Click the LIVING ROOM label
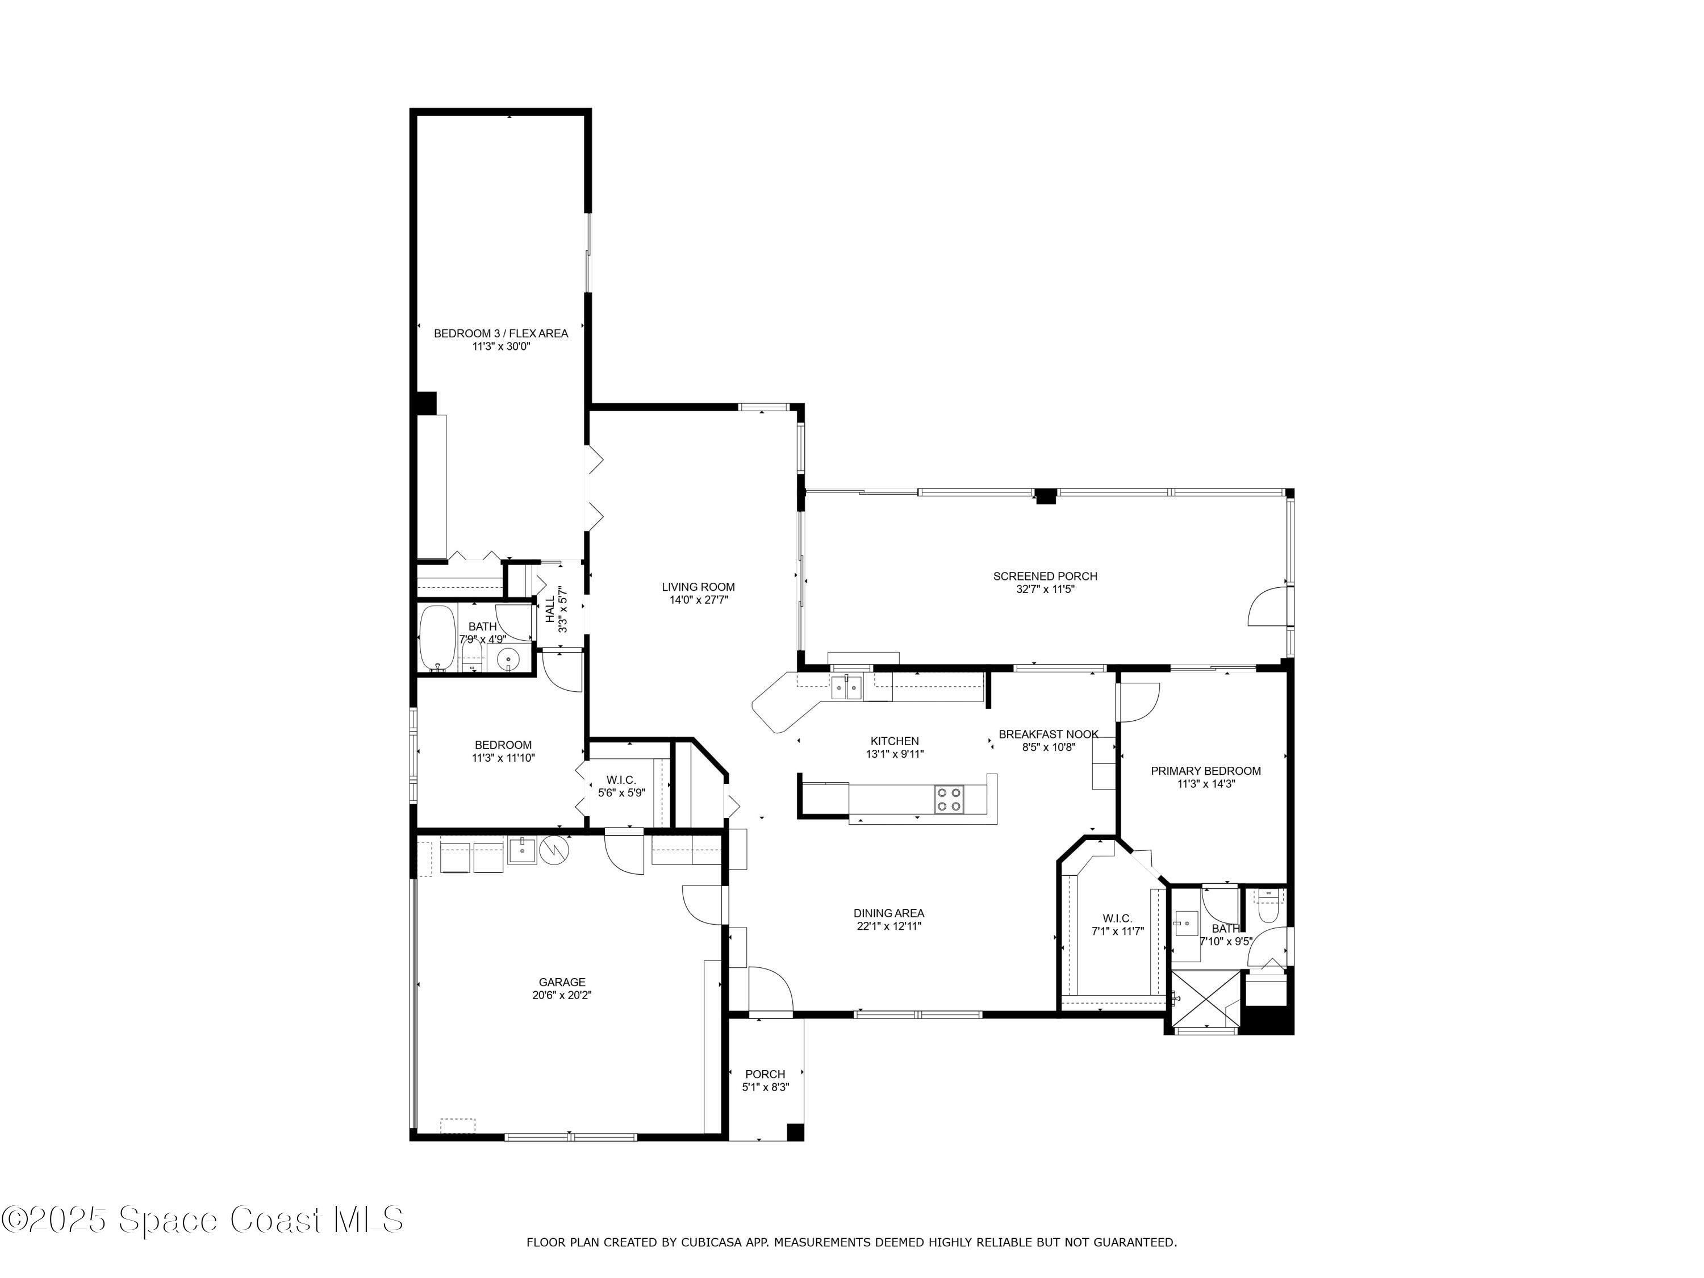click(x=698, y=587)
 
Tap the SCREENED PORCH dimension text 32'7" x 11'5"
click(x=1045, y=590)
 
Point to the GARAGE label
click(x=562, y=982)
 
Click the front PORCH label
click(x=765, y=1074)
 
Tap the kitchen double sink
click(x=845, y=687)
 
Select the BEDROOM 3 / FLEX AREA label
click(x=501, y=333)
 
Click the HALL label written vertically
click(x=550, y=609)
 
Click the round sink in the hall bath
click(x=508, y=659)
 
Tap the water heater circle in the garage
click(x=553, y=850)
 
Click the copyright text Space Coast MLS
click(x=202, y=1219)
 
